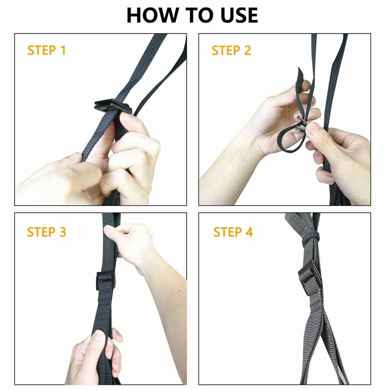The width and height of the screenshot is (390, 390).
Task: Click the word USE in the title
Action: click(x=239, y=15)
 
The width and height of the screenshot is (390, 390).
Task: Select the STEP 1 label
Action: click(x=46, y=50)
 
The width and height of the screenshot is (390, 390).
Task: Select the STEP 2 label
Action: click(x=231, y=50)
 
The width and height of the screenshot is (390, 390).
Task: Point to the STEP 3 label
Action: click(x=46, y=232)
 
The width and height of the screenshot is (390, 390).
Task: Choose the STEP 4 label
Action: click(x=233, y=232)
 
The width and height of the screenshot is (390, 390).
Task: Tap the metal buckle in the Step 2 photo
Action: click(x=301, y=124)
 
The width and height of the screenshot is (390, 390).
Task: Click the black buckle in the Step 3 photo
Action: click(x=106, y=281)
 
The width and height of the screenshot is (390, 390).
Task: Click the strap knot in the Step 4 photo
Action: click(x=311, y=239)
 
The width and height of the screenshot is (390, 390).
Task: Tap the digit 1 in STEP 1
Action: click(x=63, y=50)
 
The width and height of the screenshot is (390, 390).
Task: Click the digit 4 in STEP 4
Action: click(x=249, y=232)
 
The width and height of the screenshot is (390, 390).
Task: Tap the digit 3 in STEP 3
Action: click(x=63, y=232)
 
